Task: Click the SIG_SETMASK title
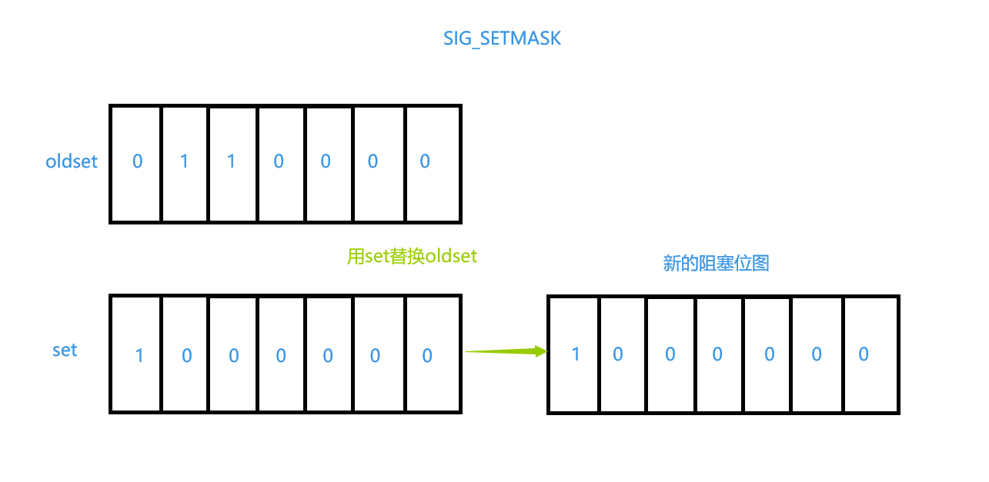[502, 38]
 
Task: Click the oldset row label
[72, 161]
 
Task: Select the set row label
[65, 350]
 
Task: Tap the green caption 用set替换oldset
[412, 256]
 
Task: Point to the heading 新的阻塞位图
[716, 264]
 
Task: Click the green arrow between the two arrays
[505, 352]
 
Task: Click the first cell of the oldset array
[136, 163]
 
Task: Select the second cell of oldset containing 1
[184, 163]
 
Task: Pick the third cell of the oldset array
[232, 163]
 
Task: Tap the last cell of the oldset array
[432, 163]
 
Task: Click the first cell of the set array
[136, 354]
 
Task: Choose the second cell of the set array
[185, 354]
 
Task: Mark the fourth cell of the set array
[281, 354]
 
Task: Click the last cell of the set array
[432, 354]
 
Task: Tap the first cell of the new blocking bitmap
[573, 354]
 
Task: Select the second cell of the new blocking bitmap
[622, 354]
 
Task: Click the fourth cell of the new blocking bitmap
[719, 354]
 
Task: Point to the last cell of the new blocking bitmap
[870, 354]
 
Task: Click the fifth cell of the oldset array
[329, 163]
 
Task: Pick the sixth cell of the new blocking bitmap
[817, 354]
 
